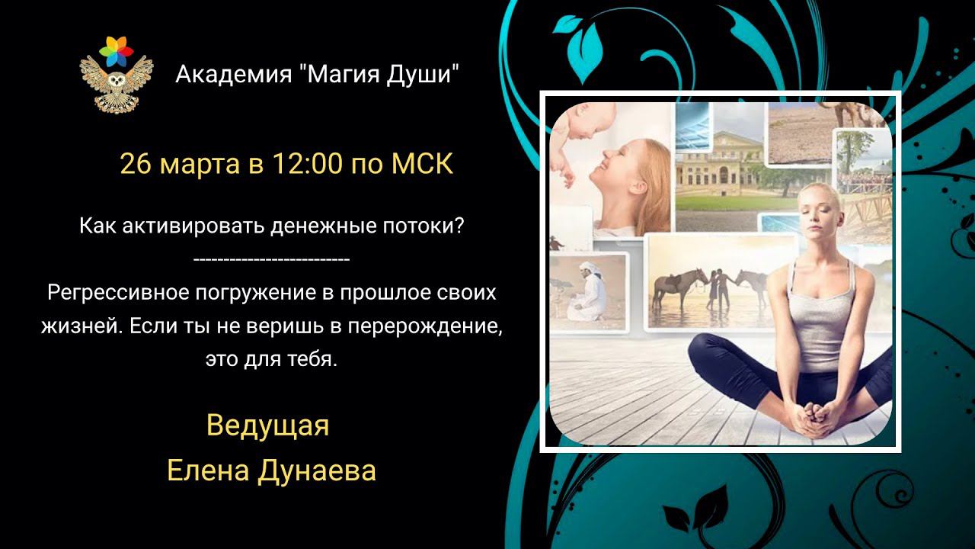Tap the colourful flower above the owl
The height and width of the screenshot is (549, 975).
(116, 52)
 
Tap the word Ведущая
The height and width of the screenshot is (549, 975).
(267, 425)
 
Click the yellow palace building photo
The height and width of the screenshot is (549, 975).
(716, 168)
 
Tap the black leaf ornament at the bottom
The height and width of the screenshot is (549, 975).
(697, 511)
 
